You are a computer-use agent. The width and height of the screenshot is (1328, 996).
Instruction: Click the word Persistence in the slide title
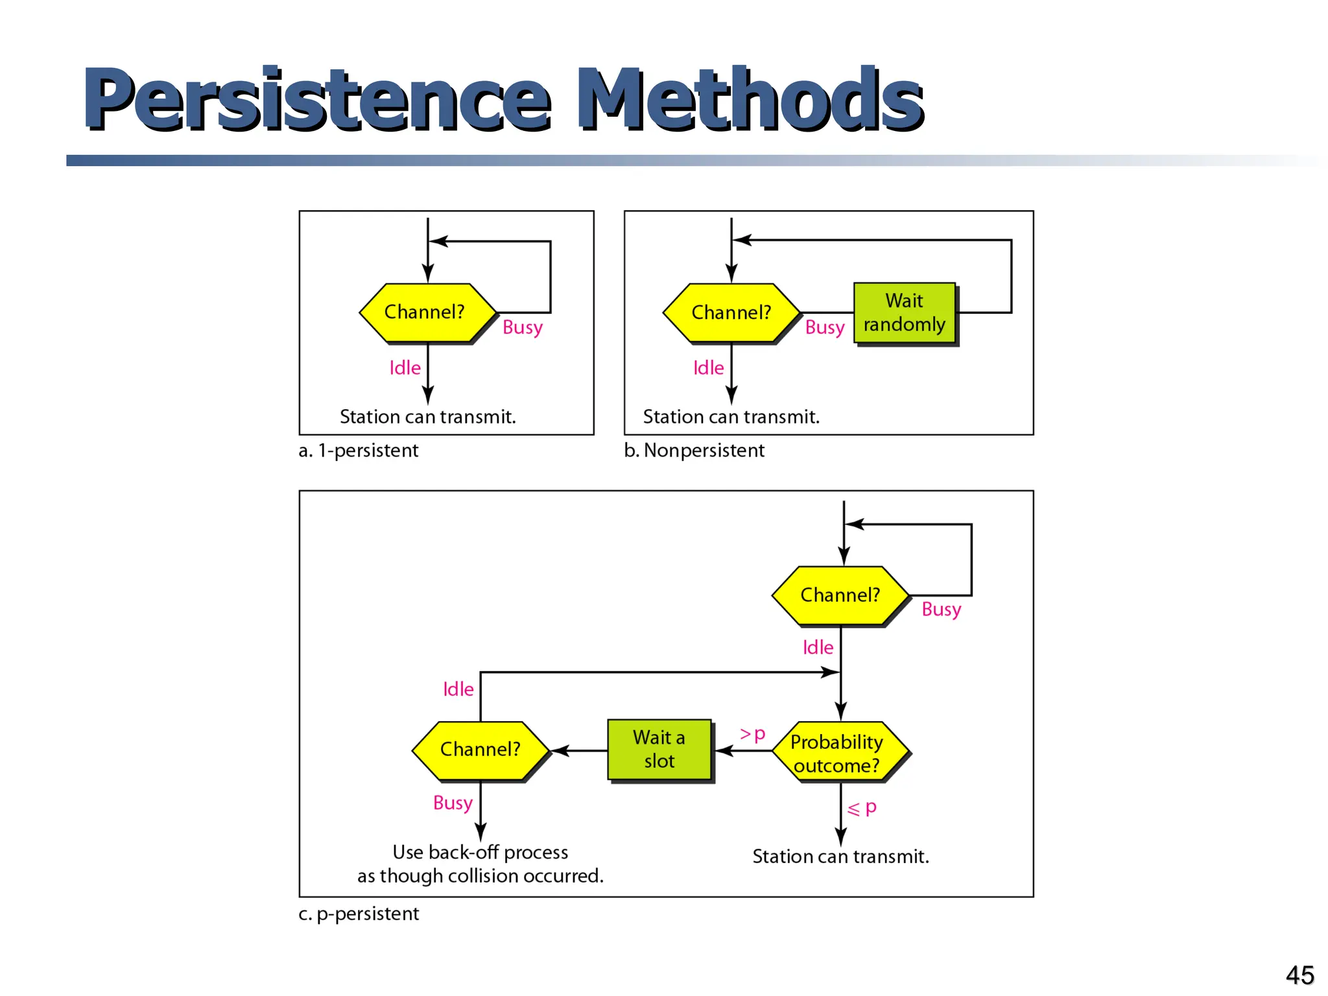click(x=318, y=99)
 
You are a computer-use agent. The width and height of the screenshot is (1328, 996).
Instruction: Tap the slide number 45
click(x=1299, y=975)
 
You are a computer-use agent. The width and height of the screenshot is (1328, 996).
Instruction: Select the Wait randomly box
click(x=905, y=313)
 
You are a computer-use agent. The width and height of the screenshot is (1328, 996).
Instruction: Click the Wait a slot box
click(x=659, y=750)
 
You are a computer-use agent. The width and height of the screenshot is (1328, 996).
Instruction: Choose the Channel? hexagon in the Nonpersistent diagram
click(x=731, y=313)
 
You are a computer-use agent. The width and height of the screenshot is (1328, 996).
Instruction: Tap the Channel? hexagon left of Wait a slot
click(x=480, y=750)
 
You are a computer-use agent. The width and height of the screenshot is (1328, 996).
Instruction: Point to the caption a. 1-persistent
click(x=359, y=450)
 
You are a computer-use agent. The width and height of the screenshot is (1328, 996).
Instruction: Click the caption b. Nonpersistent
click(x=694, y=450)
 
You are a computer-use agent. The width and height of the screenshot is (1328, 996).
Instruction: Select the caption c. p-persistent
click(x=359, y=914)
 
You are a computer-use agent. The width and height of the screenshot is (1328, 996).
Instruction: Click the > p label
click(x=753, y=734)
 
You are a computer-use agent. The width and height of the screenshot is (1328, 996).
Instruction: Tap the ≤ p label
click(x=862, y=808)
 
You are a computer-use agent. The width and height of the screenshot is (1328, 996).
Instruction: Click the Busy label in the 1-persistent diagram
click(x=523, y=327)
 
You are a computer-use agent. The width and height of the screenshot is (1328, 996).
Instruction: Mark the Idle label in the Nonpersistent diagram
click(x=708, y=368)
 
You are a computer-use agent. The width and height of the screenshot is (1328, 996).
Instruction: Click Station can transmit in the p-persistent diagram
click(x=840, y=857)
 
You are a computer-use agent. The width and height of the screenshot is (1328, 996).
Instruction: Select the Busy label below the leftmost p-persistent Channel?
click(x=453, y=803)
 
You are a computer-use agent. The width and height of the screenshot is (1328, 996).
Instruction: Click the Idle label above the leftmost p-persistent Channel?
click(x=458, y=689)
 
